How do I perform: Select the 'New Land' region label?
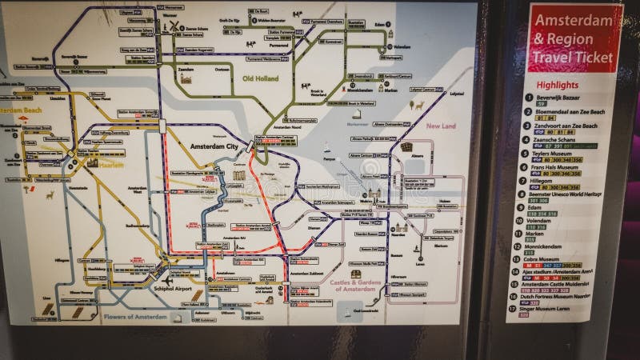click(x=440, y=126)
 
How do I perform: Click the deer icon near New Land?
click(x=417, y=106)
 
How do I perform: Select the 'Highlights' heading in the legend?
click(x=558, y=85)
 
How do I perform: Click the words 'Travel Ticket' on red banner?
click(x=574, y=58)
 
